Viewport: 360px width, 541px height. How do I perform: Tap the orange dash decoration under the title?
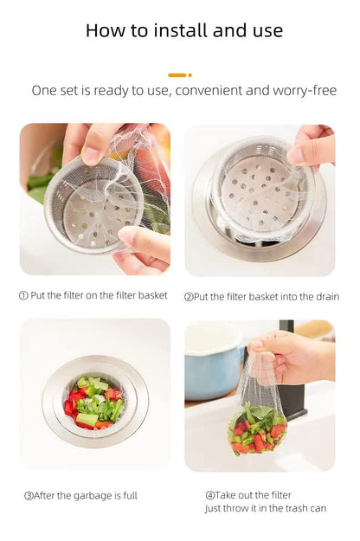click(x=178, y=75)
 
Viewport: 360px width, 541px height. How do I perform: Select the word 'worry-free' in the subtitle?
click(x=305, y=90)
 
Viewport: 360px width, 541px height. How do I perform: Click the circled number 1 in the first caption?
click(x=23, y=295)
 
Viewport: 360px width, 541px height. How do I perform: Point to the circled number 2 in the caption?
click(x=188, y=296)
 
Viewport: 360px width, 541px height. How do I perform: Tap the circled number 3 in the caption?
click(x=29, y=496)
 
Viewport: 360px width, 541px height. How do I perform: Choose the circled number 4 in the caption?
click(x=209, y=495)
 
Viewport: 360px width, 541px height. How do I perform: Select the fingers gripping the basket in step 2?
click(x=312, y=145)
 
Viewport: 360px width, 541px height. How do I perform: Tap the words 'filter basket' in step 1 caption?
click(x=140, y=295)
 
